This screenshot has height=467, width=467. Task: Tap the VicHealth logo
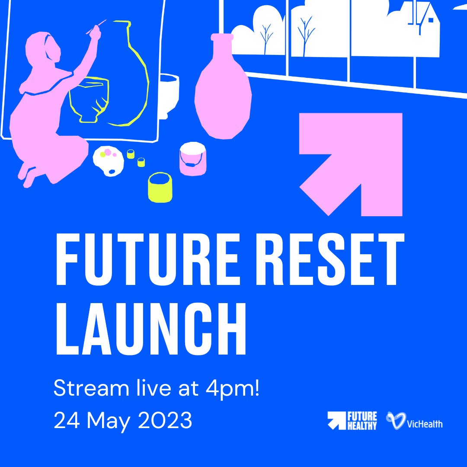pyautogui.click(x=414, y=421)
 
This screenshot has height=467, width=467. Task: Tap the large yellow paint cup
pyautogui.click(x=160, y=187)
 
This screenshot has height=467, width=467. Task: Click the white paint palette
pyautogui.click(x=109, y=161)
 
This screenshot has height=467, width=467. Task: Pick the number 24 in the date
pyautogui.click(x=65, y=420)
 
